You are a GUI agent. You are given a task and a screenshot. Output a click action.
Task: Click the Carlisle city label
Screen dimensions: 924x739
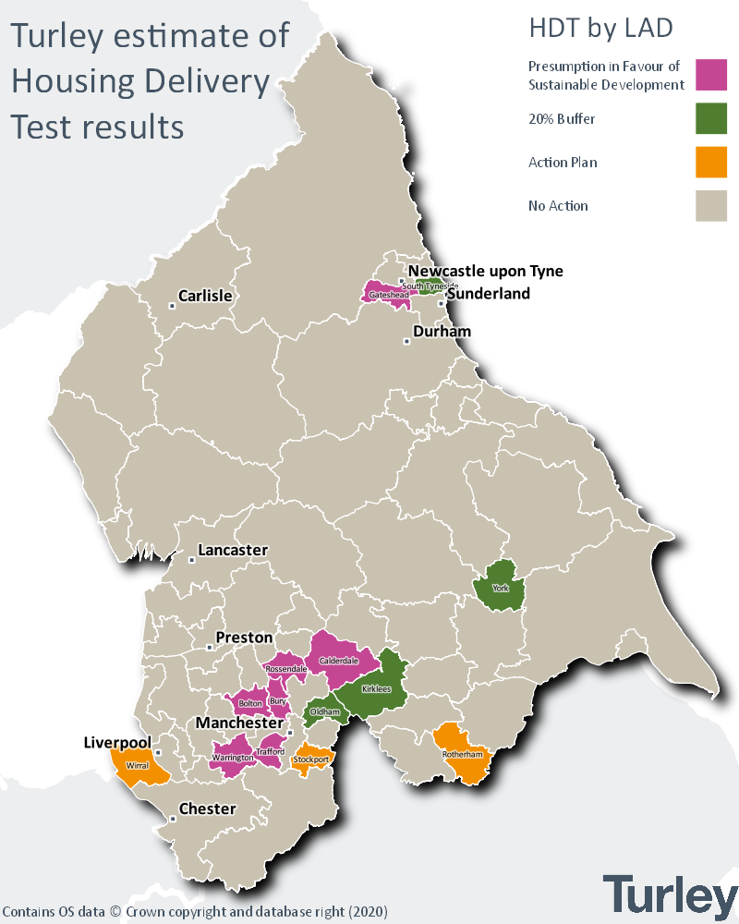[x=205, y=296]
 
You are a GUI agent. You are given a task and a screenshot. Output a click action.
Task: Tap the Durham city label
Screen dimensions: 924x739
[x=442, y=331]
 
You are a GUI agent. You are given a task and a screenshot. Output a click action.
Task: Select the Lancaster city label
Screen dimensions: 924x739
[x=234, y=550]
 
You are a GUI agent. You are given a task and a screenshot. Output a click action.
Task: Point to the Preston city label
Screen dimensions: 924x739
[x=244, y=638]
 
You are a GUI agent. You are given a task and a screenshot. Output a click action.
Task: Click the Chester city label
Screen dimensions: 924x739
[x=207, y=808]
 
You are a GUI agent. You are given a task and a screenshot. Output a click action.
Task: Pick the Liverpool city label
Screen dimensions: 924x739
[x=116, y=742]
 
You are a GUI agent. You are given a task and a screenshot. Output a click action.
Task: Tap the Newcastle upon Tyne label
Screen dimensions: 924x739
[x=486, y=271]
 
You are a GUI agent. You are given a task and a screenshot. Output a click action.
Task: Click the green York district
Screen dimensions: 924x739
[x=501, y=586]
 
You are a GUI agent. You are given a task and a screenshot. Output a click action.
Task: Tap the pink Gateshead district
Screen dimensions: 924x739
[x=383, y=293]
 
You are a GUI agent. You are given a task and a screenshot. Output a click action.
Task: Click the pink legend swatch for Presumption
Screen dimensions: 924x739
[x=711, y=75]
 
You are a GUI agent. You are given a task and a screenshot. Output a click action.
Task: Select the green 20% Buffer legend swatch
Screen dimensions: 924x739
[x=711, y=118]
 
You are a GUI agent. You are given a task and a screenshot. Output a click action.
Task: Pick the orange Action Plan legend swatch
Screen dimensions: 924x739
[x=711, y=162]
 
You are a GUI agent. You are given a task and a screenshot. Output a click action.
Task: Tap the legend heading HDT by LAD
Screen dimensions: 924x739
[x=600, y=29]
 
